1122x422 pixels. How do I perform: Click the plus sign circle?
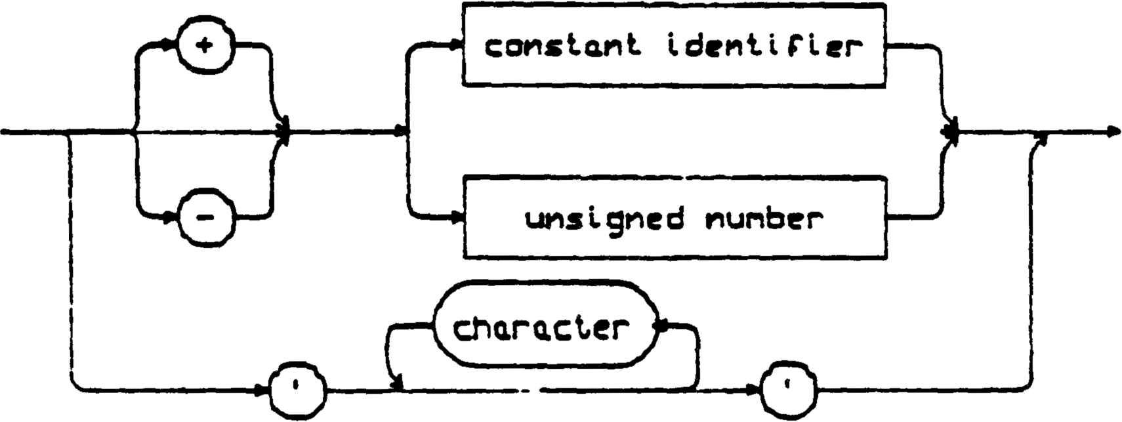205,47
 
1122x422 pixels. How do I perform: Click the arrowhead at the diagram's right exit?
1113,133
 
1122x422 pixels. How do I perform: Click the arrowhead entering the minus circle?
173,215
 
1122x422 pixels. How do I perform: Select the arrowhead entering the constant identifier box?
457,46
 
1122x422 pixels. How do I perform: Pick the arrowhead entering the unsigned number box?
457,217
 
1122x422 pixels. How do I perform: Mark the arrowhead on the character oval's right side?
663,325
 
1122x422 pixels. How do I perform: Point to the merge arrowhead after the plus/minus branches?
284,131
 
